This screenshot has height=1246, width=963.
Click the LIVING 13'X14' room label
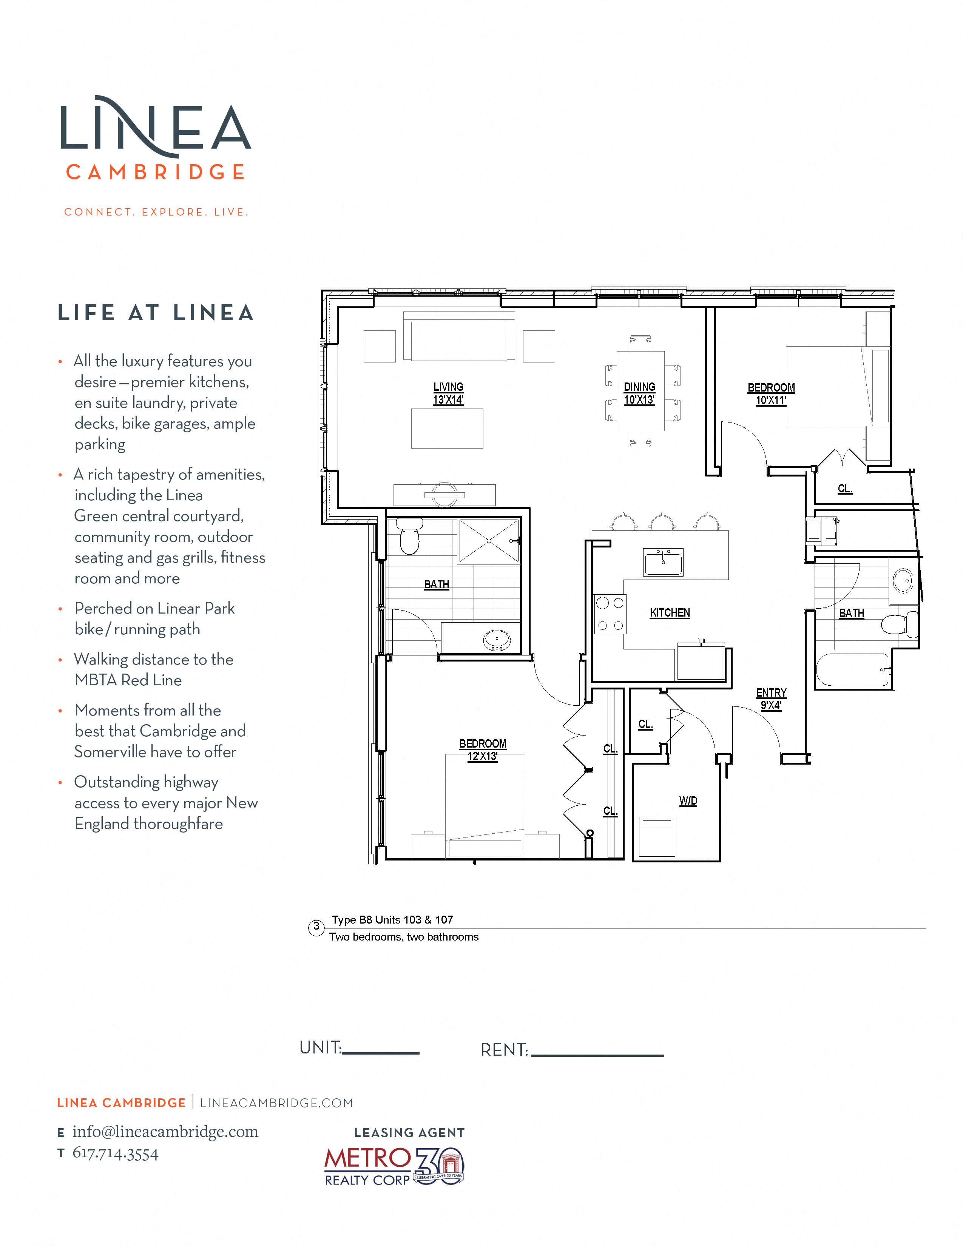click(448, 393)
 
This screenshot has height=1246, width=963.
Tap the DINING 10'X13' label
click(639, 393)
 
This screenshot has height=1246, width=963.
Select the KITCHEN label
click(670, 613)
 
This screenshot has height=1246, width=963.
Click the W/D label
click(688, 801)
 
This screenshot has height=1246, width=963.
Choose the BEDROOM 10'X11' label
click(771, 394)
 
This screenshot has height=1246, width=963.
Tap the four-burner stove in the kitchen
click(610, 614)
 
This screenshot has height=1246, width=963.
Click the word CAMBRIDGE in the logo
click(156, 172)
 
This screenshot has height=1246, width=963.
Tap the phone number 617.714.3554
click(116, 1153)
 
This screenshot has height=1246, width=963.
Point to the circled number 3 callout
click(316, 927)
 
